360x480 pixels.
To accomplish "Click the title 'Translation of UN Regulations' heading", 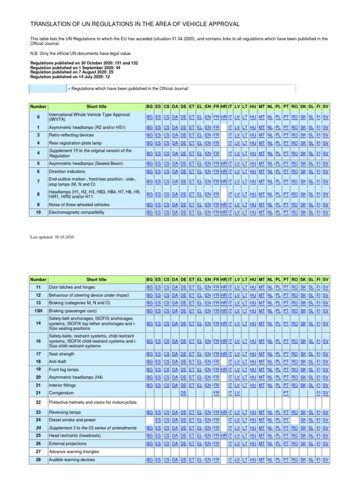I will (135, 24).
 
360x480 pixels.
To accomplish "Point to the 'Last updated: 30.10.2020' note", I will (52, 237).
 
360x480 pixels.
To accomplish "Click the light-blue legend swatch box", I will (48, 89).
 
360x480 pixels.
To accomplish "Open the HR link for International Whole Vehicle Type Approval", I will (224, 116).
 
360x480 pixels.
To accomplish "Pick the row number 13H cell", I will (38, 311).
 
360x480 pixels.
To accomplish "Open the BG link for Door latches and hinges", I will (150, 287).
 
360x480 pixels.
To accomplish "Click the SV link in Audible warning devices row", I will (326, 460).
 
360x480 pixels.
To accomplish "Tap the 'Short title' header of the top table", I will (96, 107).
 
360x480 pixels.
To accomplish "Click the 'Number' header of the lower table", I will (38, 279).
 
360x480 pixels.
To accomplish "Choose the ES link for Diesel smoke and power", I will (158, 420).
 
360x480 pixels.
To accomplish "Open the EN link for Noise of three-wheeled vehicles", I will (208, 205).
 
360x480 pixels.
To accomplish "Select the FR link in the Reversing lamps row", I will (216, 412).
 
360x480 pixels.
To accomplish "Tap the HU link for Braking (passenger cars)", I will (253, 311).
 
